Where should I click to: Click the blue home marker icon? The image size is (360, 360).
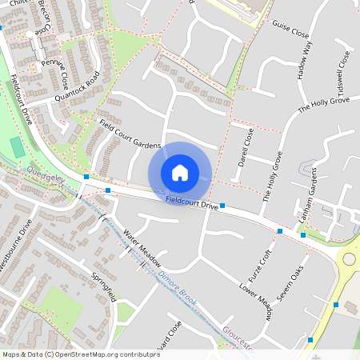coord(180,173)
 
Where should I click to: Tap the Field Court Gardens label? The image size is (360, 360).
coord(130,136)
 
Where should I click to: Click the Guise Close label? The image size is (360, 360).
coord(290,30)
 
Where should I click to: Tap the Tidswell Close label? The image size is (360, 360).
coord(344,70)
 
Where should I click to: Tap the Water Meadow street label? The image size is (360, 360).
coord(142,249)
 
